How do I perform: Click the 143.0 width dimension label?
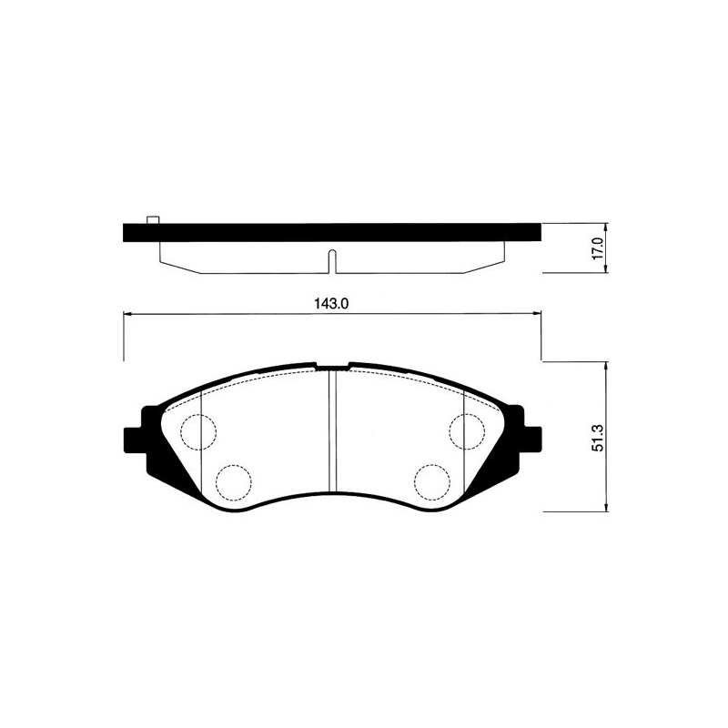point(331,304)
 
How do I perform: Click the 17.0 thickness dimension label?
point(597,248)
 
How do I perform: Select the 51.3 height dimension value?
point(598,438)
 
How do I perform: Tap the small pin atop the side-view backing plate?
point(153,219)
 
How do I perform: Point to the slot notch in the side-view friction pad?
point(332,261)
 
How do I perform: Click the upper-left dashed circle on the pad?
point(198,432)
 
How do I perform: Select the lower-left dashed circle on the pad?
point(234,482)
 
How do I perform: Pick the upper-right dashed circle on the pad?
point(467,431)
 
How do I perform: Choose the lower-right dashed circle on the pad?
point(432,482)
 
